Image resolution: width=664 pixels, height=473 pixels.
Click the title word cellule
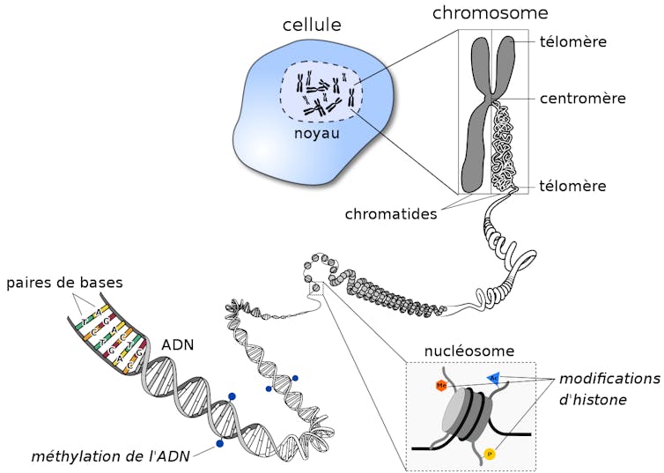311,25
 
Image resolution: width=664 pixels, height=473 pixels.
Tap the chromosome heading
490,13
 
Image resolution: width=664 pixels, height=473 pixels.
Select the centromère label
582,98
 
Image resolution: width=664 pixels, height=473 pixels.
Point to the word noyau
317,134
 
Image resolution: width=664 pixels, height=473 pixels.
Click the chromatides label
391,214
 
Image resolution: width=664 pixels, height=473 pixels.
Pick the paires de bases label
64,283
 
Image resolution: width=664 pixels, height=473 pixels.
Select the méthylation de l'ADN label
110,455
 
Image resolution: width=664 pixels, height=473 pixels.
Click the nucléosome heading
469,351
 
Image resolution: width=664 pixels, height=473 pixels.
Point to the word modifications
609,379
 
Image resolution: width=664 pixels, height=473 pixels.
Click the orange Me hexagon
440,386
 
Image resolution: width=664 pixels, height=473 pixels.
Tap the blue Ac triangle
494,378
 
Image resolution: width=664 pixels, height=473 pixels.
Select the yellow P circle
490,454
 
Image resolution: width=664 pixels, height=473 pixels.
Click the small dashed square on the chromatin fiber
316,288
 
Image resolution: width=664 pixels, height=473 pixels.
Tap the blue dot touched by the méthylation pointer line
218,444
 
